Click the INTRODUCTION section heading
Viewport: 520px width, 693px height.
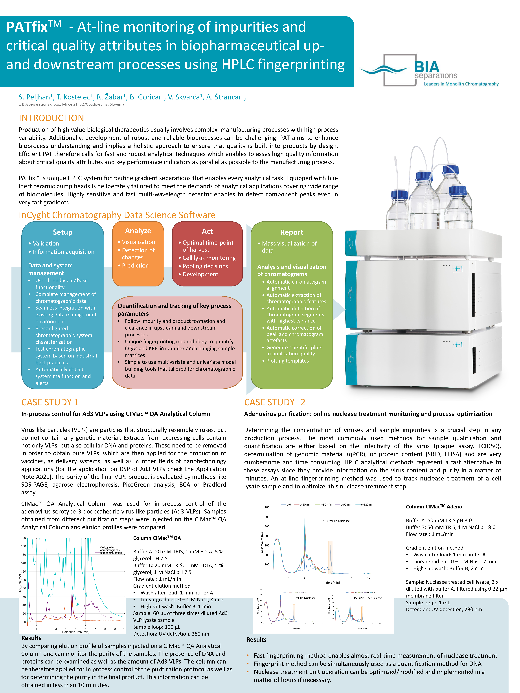click(51, 118)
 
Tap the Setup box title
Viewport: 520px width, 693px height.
click(62, 232)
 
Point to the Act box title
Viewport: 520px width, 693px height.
click(207, 231)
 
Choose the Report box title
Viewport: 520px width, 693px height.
click(292, 232)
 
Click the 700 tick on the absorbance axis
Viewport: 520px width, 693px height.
click(267, 507)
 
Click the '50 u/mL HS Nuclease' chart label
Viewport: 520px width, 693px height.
click(336, 521)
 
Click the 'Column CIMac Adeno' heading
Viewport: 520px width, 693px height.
click(434, 507)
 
